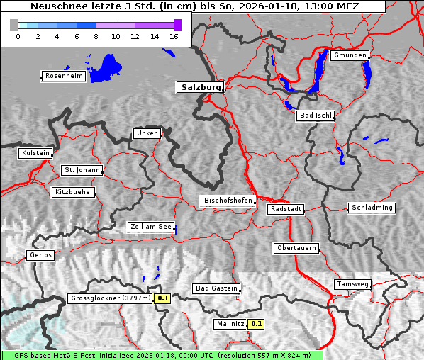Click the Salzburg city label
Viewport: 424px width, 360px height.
pos(200,87)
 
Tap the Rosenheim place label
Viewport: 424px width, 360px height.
pos(64,76)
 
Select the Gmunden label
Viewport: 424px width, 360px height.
pos(350,55)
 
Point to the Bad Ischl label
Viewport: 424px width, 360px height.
pos(316,116)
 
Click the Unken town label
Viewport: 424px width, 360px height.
pos(146,133)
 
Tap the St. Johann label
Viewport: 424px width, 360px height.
pos(82,170)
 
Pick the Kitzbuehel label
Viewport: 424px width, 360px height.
pos(73,192)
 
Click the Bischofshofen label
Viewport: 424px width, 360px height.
pos(228,201)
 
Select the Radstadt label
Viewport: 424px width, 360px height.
pos(286,209)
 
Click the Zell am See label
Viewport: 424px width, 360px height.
pos(151,227)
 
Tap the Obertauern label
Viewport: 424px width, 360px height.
pos(296,249)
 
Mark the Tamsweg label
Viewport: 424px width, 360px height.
pos(352,284)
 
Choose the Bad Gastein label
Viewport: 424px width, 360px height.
pos(216,288)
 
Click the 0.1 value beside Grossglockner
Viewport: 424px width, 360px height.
pos(163,298)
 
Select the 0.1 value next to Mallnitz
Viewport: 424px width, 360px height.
pos(257,324)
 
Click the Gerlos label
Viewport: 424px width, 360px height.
pos(40,255)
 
